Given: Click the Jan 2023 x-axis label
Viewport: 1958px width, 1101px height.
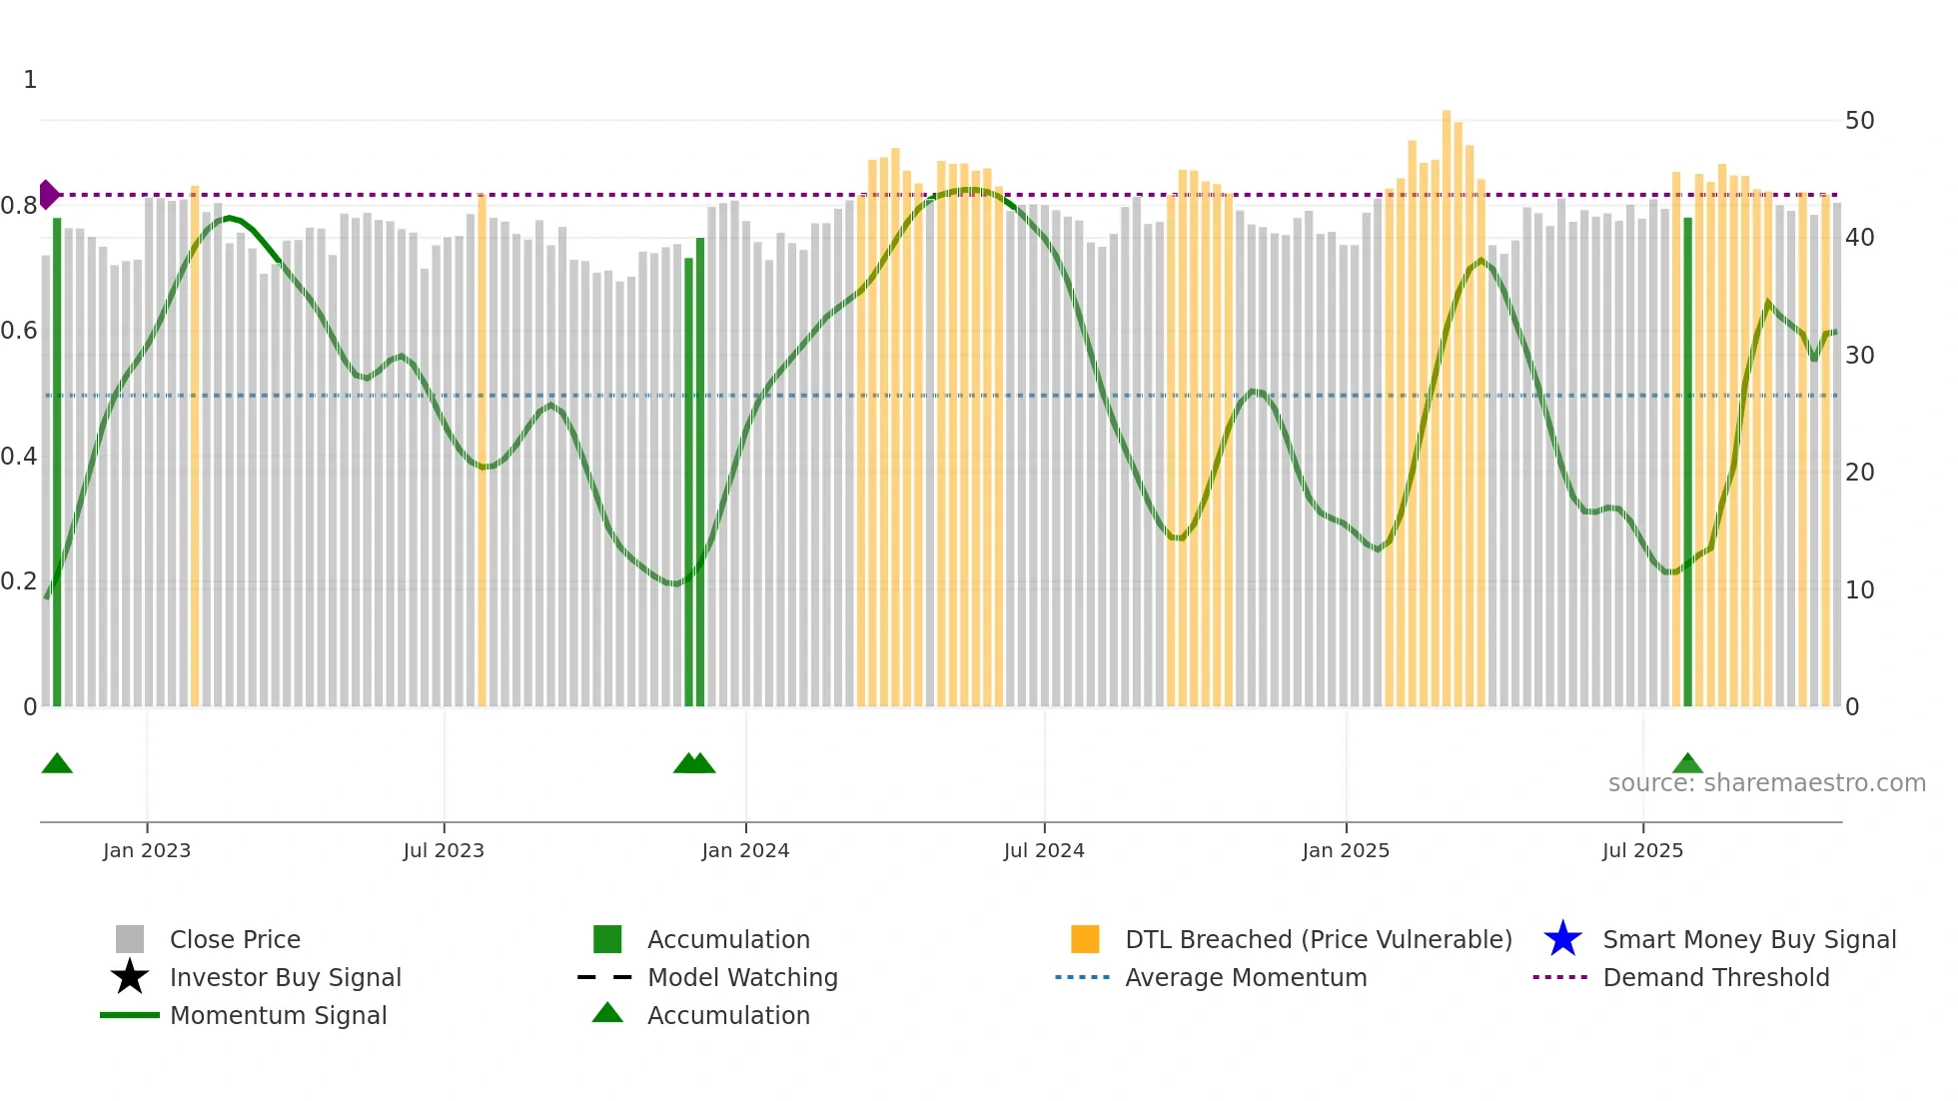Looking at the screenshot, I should coord(146,850).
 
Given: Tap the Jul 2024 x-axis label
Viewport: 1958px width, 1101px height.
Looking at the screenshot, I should coord(1044,850).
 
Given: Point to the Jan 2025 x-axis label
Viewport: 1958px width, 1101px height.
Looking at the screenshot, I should coord(1346,850).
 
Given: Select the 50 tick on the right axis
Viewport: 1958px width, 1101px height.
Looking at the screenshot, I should coord(1859,121).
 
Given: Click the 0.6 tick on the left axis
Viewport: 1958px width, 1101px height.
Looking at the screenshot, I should coord(19,331).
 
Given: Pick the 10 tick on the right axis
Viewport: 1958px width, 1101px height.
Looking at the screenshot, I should coord(1859,589).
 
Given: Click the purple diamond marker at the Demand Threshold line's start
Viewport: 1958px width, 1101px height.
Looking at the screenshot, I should coord(48,195).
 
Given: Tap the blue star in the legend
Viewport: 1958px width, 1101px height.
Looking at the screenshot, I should coord(1562,939).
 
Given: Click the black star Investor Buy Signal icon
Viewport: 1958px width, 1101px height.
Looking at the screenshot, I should coord(130,977).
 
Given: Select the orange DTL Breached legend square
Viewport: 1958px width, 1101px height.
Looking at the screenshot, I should coord(1085,939).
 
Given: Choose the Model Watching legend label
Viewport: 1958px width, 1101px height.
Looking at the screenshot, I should coord(742,977).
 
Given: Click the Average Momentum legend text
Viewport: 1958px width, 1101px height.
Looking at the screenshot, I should coord(1246,977).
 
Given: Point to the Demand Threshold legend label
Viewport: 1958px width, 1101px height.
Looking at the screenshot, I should coord(1715,977).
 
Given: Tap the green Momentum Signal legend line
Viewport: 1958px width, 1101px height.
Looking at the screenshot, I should coord(130,1015).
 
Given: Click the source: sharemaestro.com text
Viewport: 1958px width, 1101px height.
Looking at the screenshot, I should coord(1766,783).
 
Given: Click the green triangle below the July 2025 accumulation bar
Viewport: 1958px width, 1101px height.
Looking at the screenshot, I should coord(1687,764).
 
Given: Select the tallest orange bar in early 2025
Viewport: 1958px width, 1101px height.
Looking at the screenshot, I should coord(1447,400).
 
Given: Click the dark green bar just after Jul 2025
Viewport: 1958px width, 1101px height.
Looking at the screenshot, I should coord(1687,460).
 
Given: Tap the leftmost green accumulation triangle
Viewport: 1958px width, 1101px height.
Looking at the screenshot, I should coord(57,764).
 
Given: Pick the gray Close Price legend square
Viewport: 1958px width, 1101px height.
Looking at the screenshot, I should coord(130,939).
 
